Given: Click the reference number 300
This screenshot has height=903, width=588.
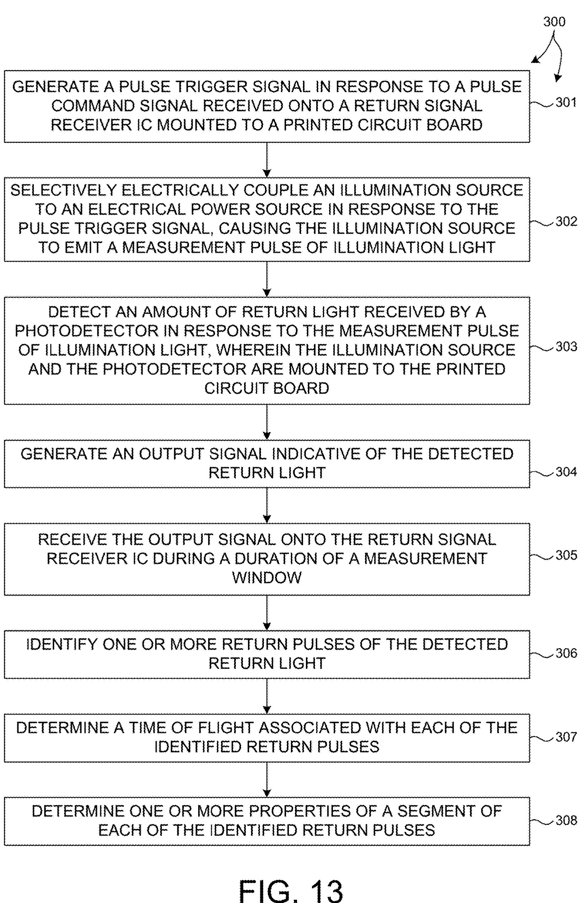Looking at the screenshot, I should (554, 22).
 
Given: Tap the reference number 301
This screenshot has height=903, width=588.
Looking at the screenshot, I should (566, 102).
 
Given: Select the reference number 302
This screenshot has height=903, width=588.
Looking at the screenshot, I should (566, 221).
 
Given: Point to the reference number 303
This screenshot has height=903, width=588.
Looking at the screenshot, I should (566, 346).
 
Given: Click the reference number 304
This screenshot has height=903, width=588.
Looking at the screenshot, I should (566, 472).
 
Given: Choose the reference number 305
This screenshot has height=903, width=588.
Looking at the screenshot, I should (566, 555).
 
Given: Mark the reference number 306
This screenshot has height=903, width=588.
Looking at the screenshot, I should (566, 653).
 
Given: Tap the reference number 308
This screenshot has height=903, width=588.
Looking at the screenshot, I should (566, 820).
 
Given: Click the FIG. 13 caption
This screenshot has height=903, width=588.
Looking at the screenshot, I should (291, 890).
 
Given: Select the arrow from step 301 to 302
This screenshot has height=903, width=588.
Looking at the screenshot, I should (267, 160).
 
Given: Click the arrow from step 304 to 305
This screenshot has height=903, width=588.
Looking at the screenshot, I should (267, 505).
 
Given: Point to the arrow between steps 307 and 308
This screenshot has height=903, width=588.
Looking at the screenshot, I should (267, 779).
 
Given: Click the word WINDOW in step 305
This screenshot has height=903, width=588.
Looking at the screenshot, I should (267, 578).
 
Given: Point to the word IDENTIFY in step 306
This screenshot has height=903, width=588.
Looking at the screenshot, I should (61, 644).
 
